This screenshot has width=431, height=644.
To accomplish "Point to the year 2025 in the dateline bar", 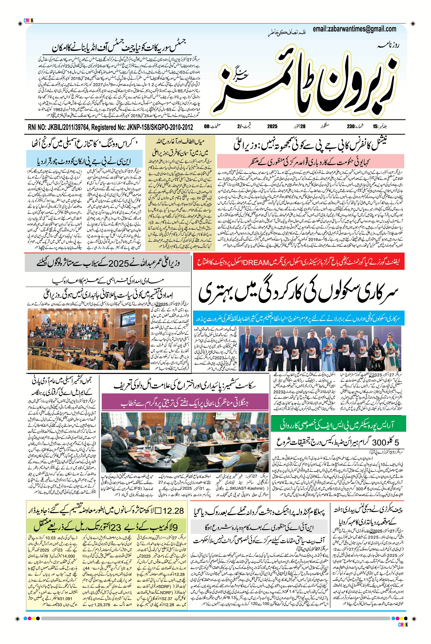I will click(x=272, y=127).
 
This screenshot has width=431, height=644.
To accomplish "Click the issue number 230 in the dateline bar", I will click(x=350, y=127).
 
